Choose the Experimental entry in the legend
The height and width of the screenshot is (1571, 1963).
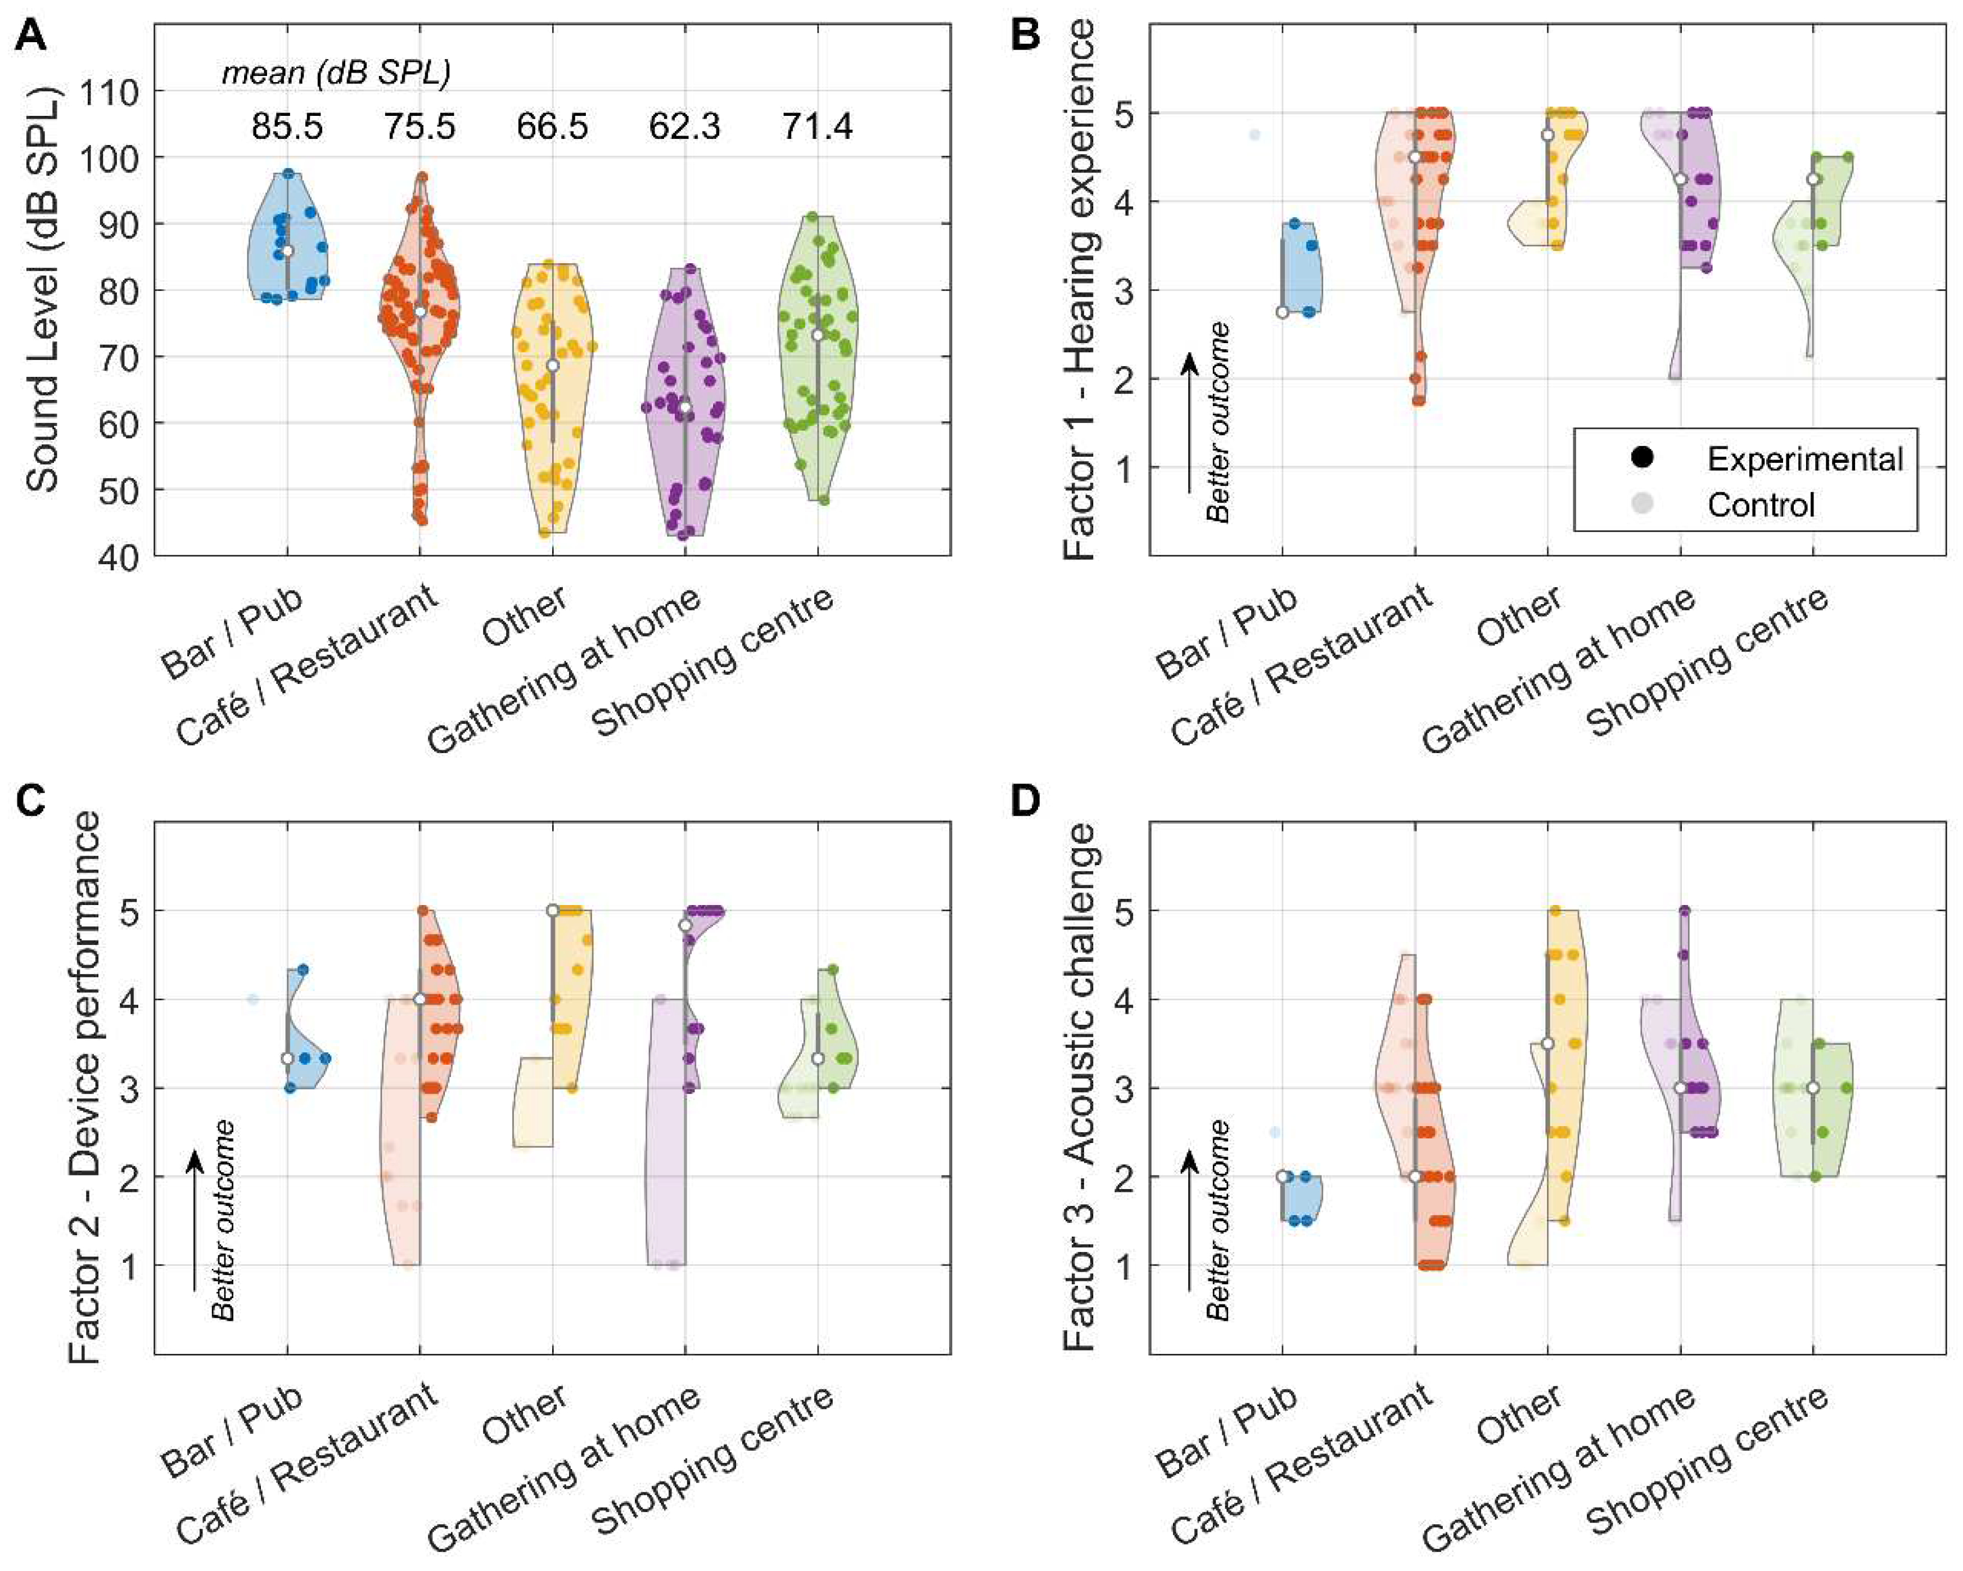[x=1804, y=459]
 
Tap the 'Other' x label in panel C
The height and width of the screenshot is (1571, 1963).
[x=525, y=1415]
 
